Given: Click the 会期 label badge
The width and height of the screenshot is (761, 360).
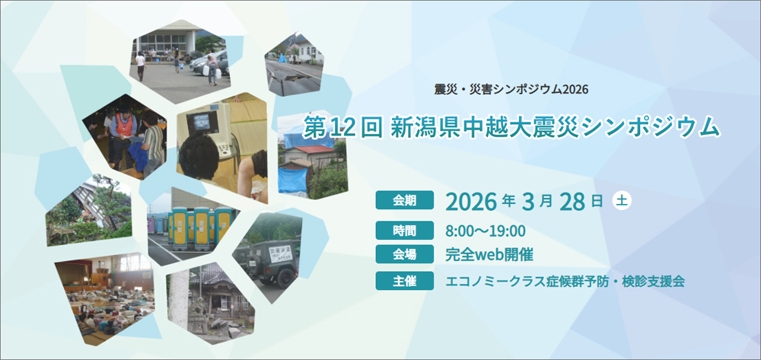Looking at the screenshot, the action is [404, 200].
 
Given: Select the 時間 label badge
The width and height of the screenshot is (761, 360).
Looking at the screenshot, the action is [404, 231].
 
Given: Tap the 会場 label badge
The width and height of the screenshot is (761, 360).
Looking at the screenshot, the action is [404, 253].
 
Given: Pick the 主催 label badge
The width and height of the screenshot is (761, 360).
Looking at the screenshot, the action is [404, 280].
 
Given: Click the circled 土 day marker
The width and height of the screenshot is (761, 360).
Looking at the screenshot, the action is [622, 200].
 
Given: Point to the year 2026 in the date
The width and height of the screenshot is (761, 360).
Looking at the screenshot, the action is [471, 202].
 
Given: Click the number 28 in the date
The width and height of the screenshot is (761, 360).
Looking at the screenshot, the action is [572, 202].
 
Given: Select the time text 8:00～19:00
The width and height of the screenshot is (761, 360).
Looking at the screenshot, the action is [486, 231].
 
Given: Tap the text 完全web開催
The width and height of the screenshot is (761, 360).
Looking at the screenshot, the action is [482, 254].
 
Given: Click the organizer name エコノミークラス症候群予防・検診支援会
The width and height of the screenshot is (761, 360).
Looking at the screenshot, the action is [565, 281].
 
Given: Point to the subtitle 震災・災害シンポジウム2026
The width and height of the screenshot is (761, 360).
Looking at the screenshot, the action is [511, 90].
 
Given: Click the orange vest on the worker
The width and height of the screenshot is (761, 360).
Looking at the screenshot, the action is [124, 125].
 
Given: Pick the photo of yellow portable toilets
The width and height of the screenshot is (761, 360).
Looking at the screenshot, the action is [193, 227].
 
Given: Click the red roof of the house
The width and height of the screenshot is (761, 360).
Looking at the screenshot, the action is [310, 149].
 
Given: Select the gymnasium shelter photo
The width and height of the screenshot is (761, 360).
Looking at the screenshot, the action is [105, 298].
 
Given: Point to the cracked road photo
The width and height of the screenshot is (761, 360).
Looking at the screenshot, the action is [295, 64].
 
